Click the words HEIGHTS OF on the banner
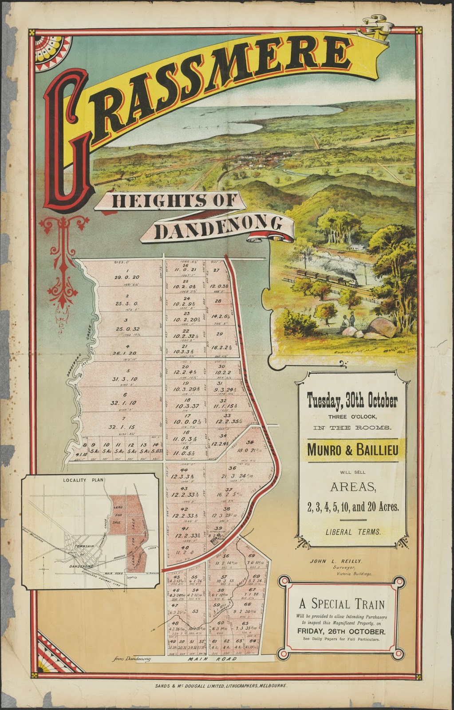[x=176, y=201]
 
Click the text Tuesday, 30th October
[x=352, y=401]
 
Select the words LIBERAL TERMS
[x=352, y=532]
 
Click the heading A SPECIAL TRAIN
[x=342, y=603]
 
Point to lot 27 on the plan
[x=216, y=270]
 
